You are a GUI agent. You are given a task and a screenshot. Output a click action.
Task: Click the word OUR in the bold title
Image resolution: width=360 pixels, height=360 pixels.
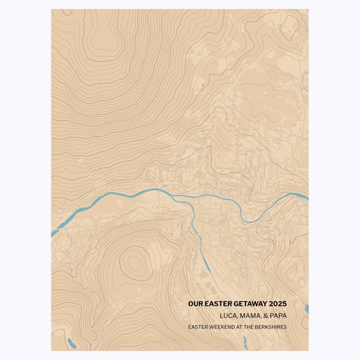tap(195, 304)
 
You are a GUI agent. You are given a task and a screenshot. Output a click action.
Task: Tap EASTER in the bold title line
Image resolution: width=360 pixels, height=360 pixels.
tap(218, 304)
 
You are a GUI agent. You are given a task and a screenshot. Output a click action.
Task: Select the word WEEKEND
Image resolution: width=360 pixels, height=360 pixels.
tap(224, 326)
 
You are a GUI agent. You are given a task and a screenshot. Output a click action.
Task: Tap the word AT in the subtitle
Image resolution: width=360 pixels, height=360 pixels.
tap(241, 326)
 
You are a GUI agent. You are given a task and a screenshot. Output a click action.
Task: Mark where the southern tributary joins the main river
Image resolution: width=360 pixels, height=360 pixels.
tap(191, 198)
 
